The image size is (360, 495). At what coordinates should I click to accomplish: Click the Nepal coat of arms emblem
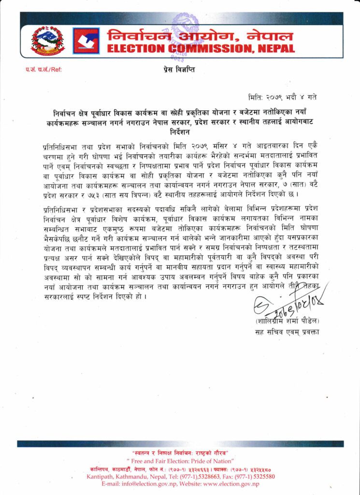[x=47, y=41]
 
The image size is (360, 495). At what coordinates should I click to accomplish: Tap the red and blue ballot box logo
[x=86, y=41]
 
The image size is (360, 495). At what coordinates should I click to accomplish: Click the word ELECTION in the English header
[x=136, y=49]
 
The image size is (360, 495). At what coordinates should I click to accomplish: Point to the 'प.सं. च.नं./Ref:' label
[x=44, y=70]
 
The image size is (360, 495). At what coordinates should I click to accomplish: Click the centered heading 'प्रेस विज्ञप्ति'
[x=179, y=70]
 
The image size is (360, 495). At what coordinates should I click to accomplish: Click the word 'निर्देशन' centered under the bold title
[x=179, y=131]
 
